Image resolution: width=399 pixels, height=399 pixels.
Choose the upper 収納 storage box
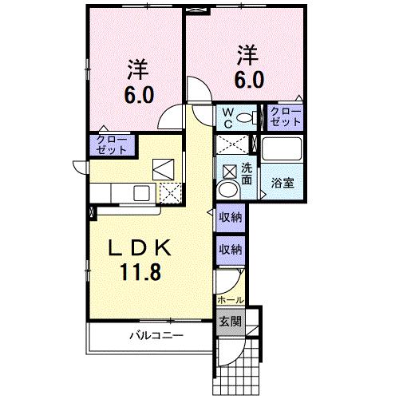click(231, 217)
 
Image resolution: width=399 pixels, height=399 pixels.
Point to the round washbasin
click(227, 190)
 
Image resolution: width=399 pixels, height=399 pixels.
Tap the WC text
click(228, 117)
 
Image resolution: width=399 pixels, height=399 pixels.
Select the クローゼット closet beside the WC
click(285, 117)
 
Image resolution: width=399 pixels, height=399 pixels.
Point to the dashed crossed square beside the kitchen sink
click(169, 192)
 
